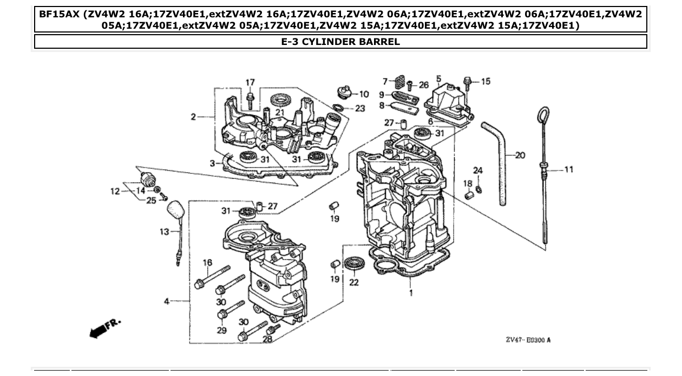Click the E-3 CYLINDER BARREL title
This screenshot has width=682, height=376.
(340, 42)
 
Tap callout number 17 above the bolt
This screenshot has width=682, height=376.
(250, 82)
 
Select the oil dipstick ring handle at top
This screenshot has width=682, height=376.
(543, 116)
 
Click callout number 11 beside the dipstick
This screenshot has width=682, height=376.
(568, 170)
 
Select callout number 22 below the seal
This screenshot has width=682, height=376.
(353, 283)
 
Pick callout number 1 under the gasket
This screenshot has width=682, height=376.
(410, 293)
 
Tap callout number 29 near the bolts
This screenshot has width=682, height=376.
(221, 330)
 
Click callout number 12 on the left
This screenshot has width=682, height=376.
(114, 191)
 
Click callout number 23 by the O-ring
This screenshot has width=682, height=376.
(360, 108)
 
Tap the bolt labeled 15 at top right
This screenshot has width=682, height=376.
(468, 82)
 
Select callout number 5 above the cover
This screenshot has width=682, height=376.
(438, 79)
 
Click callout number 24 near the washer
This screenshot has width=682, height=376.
(477, 171)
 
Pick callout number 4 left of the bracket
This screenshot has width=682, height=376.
(167, 301)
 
